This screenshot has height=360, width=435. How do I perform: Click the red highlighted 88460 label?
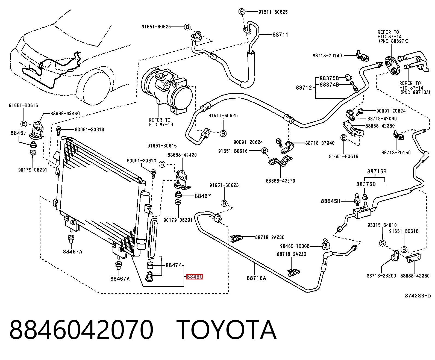click(194, 277)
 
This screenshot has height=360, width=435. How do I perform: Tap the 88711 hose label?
click(280, 35)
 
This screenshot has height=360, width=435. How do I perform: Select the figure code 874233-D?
click(418, 296)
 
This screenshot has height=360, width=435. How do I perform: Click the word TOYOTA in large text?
click(227, 330)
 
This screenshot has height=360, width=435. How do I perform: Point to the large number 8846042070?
click(81, 330)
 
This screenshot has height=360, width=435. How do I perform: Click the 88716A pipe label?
click(256, 278)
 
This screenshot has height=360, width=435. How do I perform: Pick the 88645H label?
click(330, 201)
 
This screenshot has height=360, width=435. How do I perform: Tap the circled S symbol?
click(383, 243)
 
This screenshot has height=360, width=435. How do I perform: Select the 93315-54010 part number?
click(382, 225)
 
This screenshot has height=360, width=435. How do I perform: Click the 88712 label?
click(304, 88)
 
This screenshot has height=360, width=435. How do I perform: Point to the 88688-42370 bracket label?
click(280, 181)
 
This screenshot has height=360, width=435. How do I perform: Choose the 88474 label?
click(174, 265)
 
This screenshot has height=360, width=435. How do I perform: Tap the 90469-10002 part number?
click(295, 246)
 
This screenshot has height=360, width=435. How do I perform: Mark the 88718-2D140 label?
click(327, 56)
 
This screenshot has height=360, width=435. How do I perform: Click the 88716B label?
click(377, 172)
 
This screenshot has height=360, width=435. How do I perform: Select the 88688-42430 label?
click(65, 114)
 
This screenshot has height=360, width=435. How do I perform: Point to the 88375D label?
click(366, 184)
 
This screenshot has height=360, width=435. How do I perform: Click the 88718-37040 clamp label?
click(320, 143)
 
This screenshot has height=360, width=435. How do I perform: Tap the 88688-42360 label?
click(415, 276)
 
